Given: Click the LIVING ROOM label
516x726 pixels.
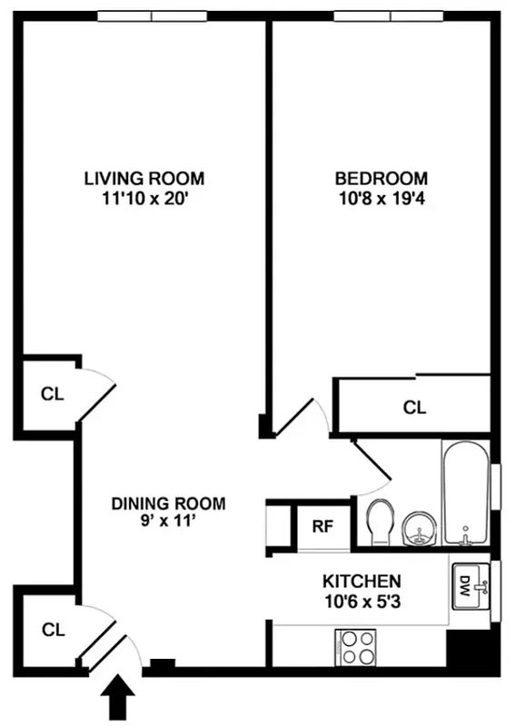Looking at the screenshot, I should coord(144,178).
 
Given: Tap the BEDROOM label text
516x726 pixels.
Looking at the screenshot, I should coord(381,178).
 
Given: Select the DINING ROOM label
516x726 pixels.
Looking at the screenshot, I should coord(168,504).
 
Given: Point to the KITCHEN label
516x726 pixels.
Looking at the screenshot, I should coord(362,581).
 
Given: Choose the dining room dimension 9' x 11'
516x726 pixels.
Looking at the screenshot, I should coord(168,522).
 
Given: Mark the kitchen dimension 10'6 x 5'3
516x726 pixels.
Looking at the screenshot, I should coord(362,600).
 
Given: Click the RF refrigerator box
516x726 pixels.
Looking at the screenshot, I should coord(322,525).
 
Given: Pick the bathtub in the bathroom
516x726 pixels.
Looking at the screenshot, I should coord(466,495).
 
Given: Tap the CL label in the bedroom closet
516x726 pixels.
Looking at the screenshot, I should coord(414,407).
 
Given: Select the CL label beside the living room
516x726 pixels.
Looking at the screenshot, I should coord(52,395).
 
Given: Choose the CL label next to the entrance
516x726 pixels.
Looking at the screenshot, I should coord(52,628).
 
